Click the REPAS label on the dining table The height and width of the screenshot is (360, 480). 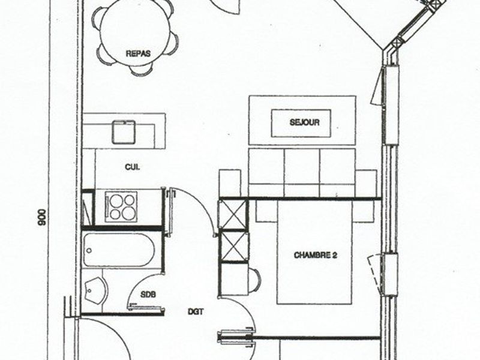(x=138, y=53)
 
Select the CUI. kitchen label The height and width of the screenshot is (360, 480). (x=132, y=167)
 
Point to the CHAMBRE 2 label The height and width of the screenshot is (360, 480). (x=316, y=255)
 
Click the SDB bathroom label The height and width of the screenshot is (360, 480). (x=148, y=295)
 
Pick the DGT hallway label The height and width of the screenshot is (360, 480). (x=196, y=311)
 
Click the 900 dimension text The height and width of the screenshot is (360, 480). (x=41, y=217)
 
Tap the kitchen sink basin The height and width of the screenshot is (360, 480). (x=124, y=132)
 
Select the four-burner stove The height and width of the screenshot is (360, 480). (x=121, y=206)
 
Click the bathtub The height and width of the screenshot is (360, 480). (x=119, y=250)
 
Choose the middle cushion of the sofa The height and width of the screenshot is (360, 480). (x=302, y=173)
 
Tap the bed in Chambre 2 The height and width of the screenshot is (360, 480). (x=314, y=252)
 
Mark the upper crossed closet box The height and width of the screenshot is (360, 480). (x=233, y=214)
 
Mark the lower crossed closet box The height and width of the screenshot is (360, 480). (x=233, y=246)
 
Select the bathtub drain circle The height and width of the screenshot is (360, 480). (x=89, y=251)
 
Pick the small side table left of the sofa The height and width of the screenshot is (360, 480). (x=230, y=183)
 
